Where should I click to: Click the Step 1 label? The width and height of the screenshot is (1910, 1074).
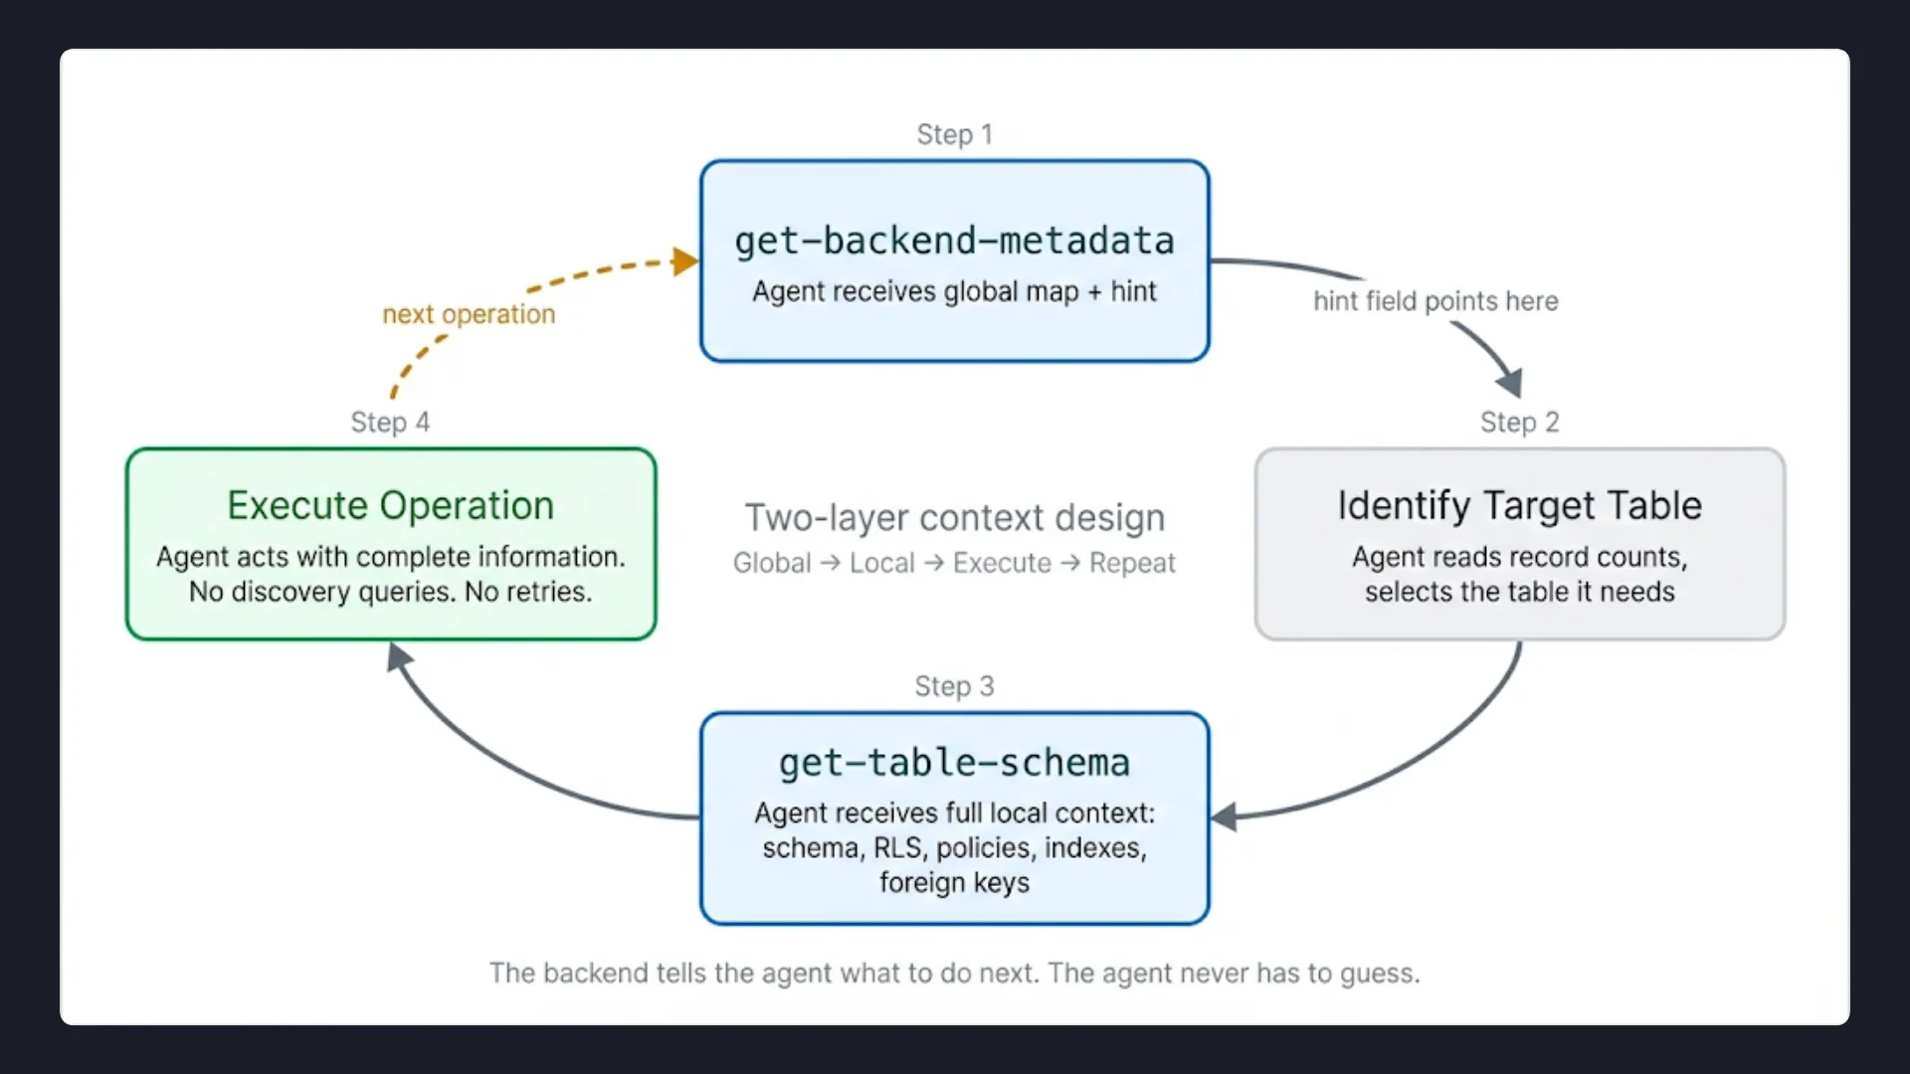(954, 134)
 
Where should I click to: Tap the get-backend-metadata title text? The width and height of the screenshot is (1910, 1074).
(954, 242)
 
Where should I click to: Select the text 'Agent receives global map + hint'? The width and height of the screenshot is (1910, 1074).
(954, 291)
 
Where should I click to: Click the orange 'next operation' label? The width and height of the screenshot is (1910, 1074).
(469, 314)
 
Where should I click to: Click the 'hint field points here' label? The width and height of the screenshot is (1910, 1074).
(1434, 301)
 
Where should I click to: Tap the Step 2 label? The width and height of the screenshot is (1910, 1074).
(1519, 423)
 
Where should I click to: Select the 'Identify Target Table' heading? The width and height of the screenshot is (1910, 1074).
(1519, 506)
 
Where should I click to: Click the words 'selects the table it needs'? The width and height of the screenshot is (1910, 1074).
(1519, 592)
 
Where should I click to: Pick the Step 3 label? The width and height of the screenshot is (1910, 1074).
(954, 686)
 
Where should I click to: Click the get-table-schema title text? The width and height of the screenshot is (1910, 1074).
(954, 763)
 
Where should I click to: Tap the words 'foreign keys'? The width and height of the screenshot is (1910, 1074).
(954, 883)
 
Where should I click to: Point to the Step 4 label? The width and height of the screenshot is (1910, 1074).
(390, 423)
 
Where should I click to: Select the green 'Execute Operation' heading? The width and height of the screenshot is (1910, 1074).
(390, 506)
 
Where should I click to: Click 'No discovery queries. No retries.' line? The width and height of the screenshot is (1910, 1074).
(390, 592)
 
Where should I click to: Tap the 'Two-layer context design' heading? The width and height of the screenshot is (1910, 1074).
(954, 518)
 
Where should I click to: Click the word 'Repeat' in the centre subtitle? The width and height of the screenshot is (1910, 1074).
(1132, 564)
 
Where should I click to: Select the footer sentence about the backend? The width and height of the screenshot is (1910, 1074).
(954, 973)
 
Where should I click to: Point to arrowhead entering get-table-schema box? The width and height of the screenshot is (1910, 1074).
(1224, 817)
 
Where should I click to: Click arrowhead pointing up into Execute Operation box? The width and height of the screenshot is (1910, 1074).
(398, 656)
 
